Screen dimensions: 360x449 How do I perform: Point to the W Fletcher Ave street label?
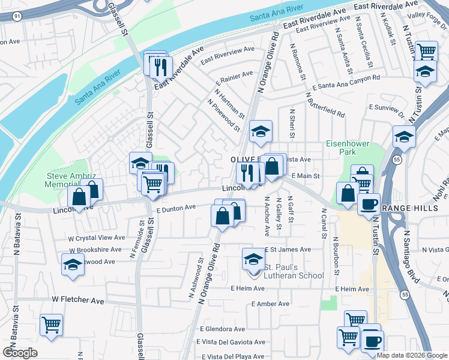tap(77, 299)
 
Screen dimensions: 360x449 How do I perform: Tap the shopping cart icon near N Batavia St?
tap(51, 325)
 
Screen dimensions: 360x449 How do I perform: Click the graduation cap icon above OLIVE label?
tap(261, 131)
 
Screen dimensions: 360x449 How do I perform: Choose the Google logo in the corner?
tap(20, 352)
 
